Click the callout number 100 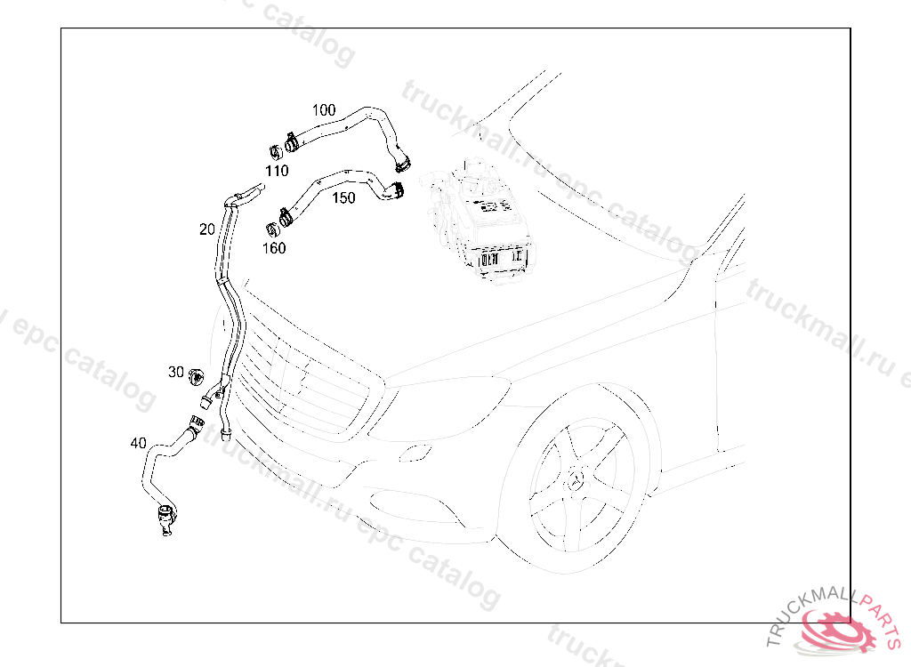[324, 109]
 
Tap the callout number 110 [277, 171]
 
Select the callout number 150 [343, 198]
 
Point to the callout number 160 [274, 248]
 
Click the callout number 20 [206, 229]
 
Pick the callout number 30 [176, 372]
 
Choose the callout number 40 [138, 443]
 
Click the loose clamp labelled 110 [276, 152]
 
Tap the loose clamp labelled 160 [272, 230]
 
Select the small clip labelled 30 [197, 376]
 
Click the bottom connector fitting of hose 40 [166, 518]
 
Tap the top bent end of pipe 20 [244, 194]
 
